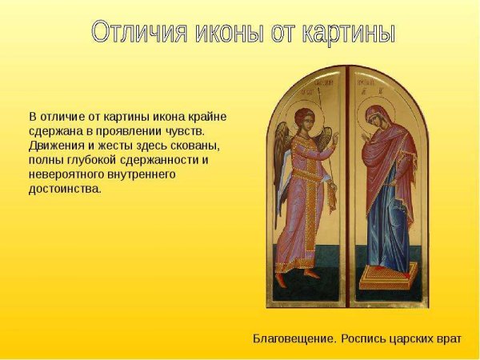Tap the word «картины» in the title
[345, 32]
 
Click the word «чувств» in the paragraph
[186, 130]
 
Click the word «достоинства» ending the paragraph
[64, 190]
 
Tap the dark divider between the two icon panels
[345, 192]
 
